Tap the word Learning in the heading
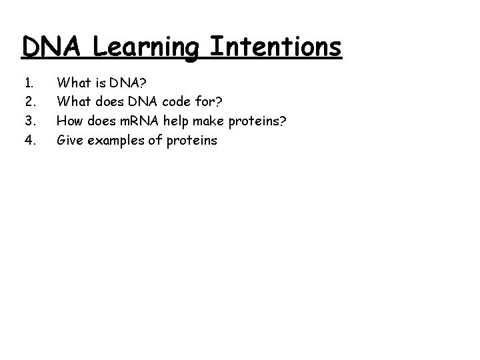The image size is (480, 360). click(146, 48)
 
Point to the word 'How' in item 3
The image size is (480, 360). click(70, 121)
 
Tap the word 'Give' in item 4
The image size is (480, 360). click(71, 141)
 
